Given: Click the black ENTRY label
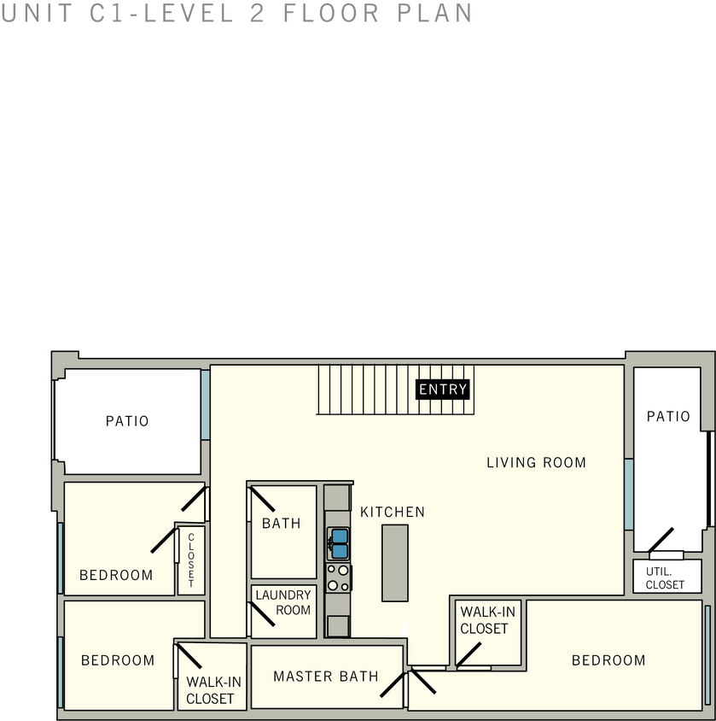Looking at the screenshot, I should click(x=443, y=390).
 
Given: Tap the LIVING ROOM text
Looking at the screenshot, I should click(x=536, y=462).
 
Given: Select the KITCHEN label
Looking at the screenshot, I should click(x=392, y=512).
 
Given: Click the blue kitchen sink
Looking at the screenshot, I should click(x=338, y=543).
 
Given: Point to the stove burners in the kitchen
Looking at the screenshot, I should click(x=338, y=577).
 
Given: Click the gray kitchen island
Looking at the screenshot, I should click(x=395, y=563).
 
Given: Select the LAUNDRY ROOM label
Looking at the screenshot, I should click(x=283, y=602).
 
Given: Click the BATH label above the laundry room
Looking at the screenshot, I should click(x=281, y=523).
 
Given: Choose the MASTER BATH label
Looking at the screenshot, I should click(x=325, y=677).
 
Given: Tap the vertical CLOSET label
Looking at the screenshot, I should click(x=190, y=560).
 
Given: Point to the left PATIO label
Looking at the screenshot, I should click(x=127, y=421).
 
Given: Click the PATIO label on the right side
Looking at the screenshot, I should click(x=667, y=417).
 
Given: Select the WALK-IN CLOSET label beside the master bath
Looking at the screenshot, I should click(x=210, y=690).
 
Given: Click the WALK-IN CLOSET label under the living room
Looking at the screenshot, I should click(x=486, y=620).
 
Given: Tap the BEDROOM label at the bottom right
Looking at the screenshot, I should click(x=608, y=660).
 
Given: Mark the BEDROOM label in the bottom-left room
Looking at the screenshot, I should click(x=118, y=660).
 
